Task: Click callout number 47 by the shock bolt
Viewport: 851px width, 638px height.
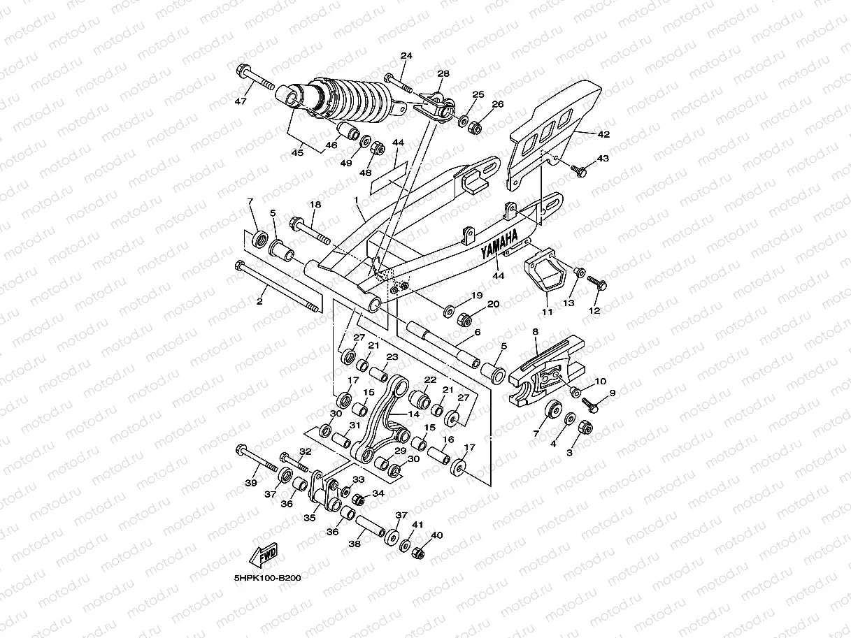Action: [x=241, y=102]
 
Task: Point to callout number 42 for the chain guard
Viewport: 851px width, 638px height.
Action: [x=603, y=133]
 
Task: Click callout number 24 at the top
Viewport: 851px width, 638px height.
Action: [x=406, y=55]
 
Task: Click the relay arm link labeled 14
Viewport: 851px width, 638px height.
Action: [x=387, y=419]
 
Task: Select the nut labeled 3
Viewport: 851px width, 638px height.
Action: [x=586, y=427]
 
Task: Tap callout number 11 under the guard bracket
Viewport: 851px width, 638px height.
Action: [x=547, y=310]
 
